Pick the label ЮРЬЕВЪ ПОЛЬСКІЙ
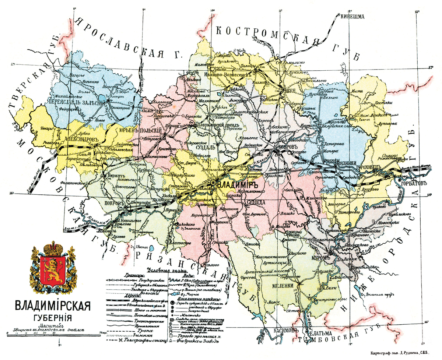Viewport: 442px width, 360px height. [x=141, y=130]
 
